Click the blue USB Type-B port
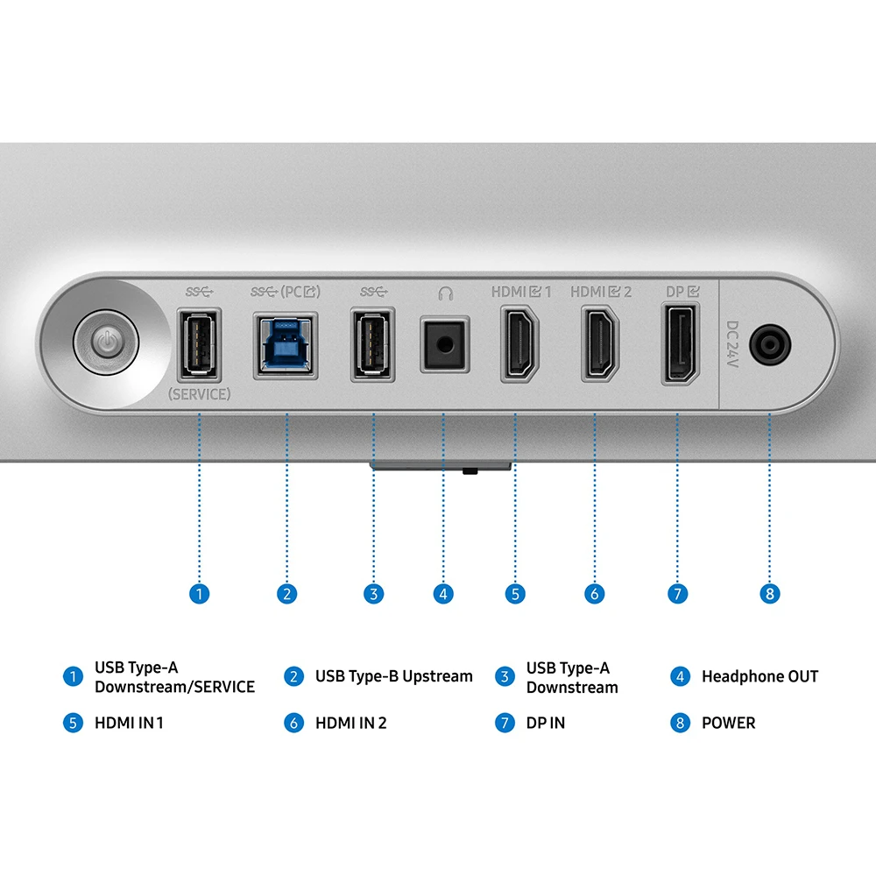pyautogui.click(x=286, y=346)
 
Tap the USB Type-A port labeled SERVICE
pyautogui.click(x=200, y=344)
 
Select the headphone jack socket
pyautogui.click(x=445, y=344)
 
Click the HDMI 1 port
pyautogui.click(x=519, y=344)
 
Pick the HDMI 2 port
pyautogui.click(x=600, y=344)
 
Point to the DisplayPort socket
pyautogui.click(x=681, y=344)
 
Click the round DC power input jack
pyautogui.click(x=770, y=344)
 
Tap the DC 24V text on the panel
pyautogui.click(x=732, y=343)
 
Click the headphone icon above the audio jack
pyautogui.click(x=445, y=293)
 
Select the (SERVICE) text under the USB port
pyautogui.click(x=200, y=394)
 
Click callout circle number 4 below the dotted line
pyautogui.click(x=443, y=593)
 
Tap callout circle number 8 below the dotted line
pyautogui.click(x=770, y=593)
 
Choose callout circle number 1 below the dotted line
pyautogui.click(x=200, y=593)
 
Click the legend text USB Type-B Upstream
pyautogui.click(x=394, y=676)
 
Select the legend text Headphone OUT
pyautogui.click(x=759, y=676)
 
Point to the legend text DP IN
pyautogui.click(x=545, y=723)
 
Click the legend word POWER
pyautogui.click(x=729, y=723)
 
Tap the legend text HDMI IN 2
pyautogui.click(x=351, y=723)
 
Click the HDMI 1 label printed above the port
pyautogui.click(x=521, y=292)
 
